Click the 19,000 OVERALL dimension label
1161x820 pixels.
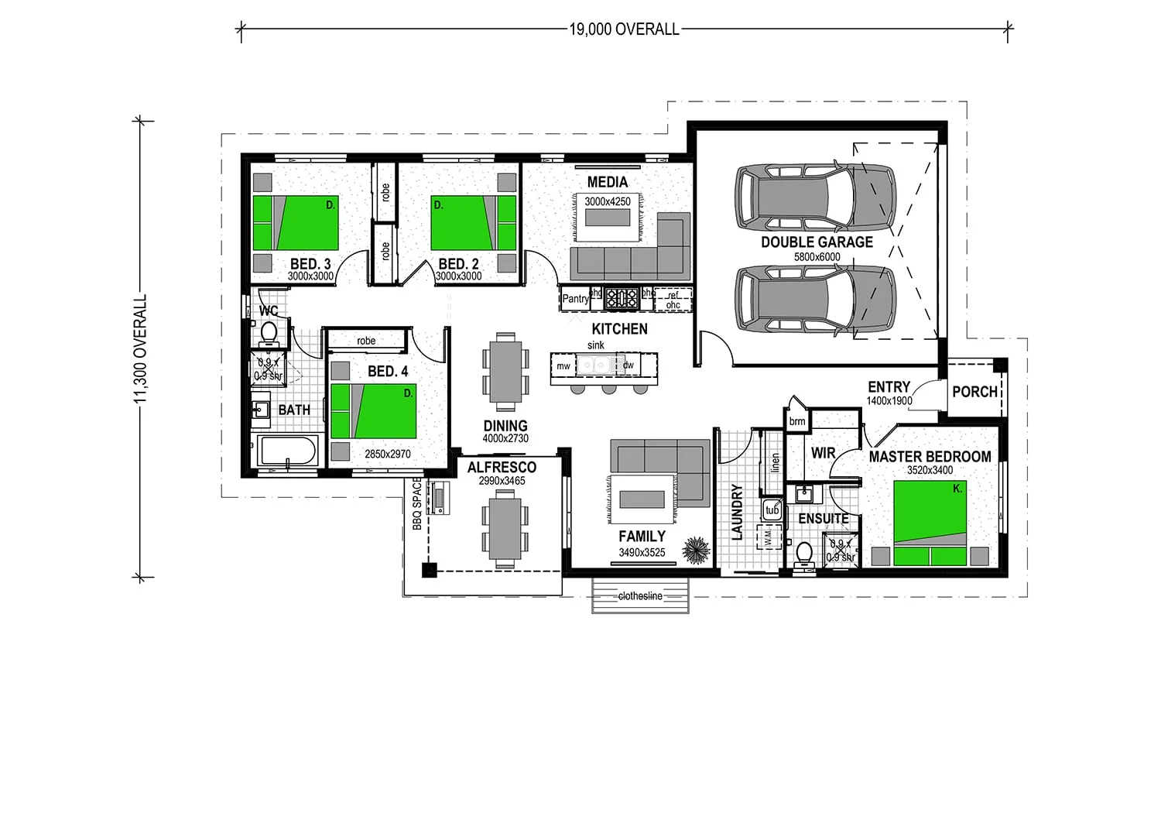[624, 29]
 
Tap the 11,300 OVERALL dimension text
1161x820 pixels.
[140, 349]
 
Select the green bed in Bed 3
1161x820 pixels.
[296, 222]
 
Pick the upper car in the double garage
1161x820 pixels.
[815, 197]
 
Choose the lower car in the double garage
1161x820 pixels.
[815, 300]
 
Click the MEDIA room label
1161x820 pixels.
[608, 183]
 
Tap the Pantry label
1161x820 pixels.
[575, 299]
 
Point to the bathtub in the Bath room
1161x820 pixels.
[288, 451]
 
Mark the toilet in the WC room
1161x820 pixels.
[269, 334]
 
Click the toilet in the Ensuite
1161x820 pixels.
[804, 554]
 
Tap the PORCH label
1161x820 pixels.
[974, 392]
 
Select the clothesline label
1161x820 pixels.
[640, 596]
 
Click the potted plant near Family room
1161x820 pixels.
[696, 551]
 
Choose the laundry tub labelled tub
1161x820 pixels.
[772, 510]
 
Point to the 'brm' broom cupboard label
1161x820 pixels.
[797, 421]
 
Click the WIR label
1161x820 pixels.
[823, 453]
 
